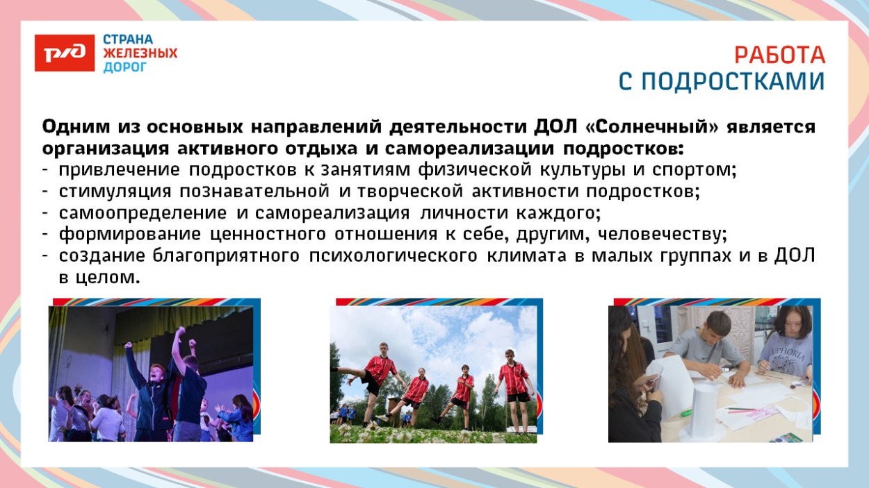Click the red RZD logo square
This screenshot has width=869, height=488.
click(64, 53)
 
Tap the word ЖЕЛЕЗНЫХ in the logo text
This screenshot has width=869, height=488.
click(140, 53)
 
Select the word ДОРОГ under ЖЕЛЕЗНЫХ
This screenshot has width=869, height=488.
click(125, 67)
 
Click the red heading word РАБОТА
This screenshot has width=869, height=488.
click(779, 55)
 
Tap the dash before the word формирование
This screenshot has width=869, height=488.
click(45, 235)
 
